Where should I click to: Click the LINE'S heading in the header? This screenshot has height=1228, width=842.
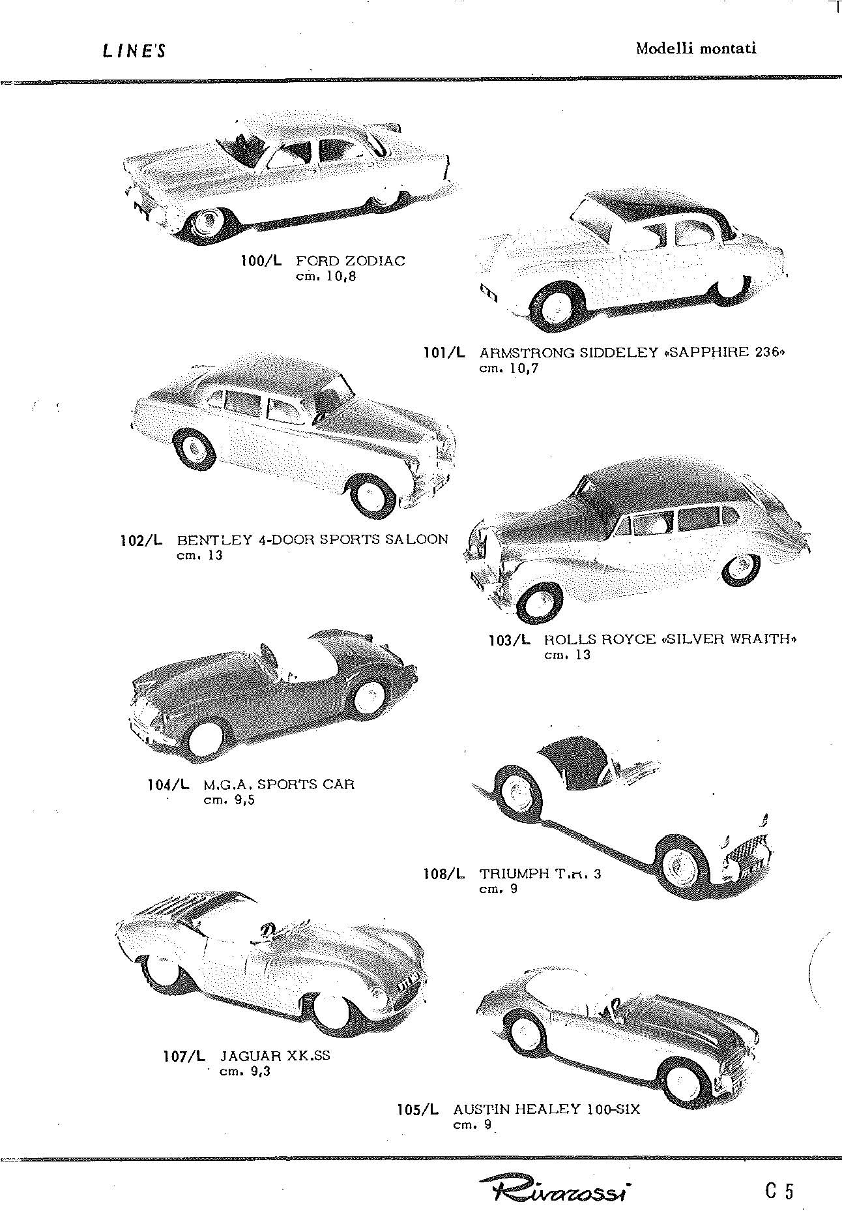(x=134, y=51)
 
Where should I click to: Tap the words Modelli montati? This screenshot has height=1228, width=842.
(x=696, y=48)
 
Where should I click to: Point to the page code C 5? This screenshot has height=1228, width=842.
(x=779, y=1191)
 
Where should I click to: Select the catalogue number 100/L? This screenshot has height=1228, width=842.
(x=262, y=262)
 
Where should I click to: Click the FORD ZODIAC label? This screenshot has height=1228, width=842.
(x=351, y=262)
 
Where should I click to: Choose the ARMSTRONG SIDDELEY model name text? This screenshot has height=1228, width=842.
(x=568, y=353)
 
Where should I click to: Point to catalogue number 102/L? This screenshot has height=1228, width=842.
(x=141, y=540)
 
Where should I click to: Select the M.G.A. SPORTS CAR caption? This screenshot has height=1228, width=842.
(x=279, y=784)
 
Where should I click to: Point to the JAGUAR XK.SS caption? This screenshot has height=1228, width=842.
(x=275, y=1056)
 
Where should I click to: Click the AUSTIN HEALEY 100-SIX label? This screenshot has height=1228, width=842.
(x=546, y=1109)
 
